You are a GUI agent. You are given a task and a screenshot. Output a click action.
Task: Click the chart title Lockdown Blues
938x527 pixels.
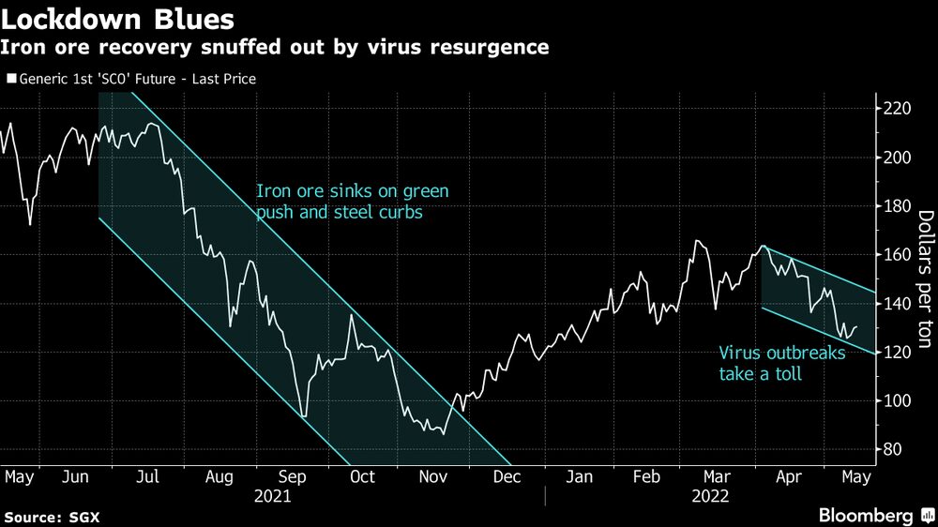click(118, 18)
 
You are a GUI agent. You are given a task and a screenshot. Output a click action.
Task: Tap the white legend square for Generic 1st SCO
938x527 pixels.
click(10, 80)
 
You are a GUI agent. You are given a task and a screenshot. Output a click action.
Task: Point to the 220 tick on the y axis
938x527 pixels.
click(898, 109)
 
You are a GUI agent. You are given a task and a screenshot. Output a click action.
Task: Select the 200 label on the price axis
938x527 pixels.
click(898, 158)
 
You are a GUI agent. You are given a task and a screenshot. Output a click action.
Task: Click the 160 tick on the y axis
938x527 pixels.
click(898, 255)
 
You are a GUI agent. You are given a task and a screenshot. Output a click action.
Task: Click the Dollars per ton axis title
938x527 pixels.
click(923, 279)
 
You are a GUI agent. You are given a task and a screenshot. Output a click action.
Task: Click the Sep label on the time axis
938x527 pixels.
click(292, 477)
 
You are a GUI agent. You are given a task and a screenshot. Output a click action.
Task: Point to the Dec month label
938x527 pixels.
click(506, 477)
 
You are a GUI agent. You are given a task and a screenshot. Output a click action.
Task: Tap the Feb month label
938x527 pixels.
click(647, 477)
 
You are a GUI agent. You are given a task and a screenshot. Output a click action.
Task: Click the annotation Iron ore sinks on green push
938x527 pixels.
click(353, 202)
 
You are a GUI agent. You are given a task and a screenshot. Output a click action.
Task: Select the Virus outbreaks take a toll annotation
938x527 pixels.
click(781, 364)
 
